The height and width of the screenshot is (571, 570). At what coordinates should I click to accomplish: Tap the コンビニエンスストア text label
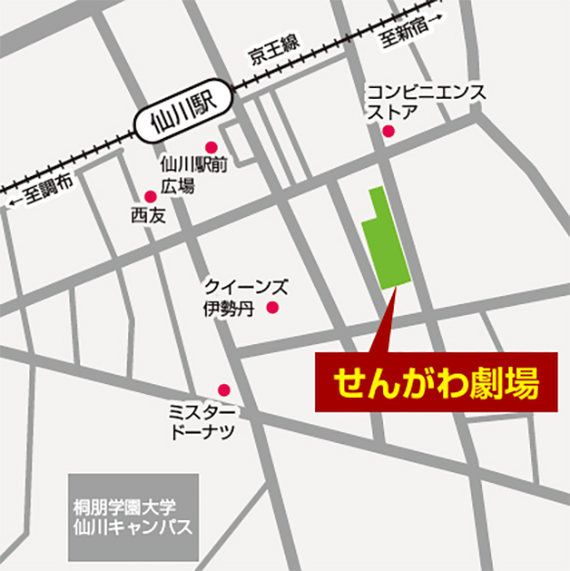tap(425, 100)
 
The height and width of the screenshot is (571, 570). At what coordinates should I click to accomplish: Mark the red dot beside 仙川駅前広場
tap(209, 148)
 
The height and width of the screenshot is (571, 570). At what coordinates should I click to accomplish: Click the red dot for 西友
tap(150, 197)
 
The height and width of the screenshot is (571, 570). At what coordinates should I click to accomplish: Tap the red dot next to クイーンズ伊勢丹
tap(273, 308)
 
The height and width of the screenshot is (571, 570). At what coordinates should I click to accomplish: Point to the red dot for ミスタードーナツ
tap(224, 389)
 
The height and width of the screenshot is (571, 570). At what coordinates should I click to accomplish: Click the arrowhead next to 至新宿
tap(437, 17)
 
